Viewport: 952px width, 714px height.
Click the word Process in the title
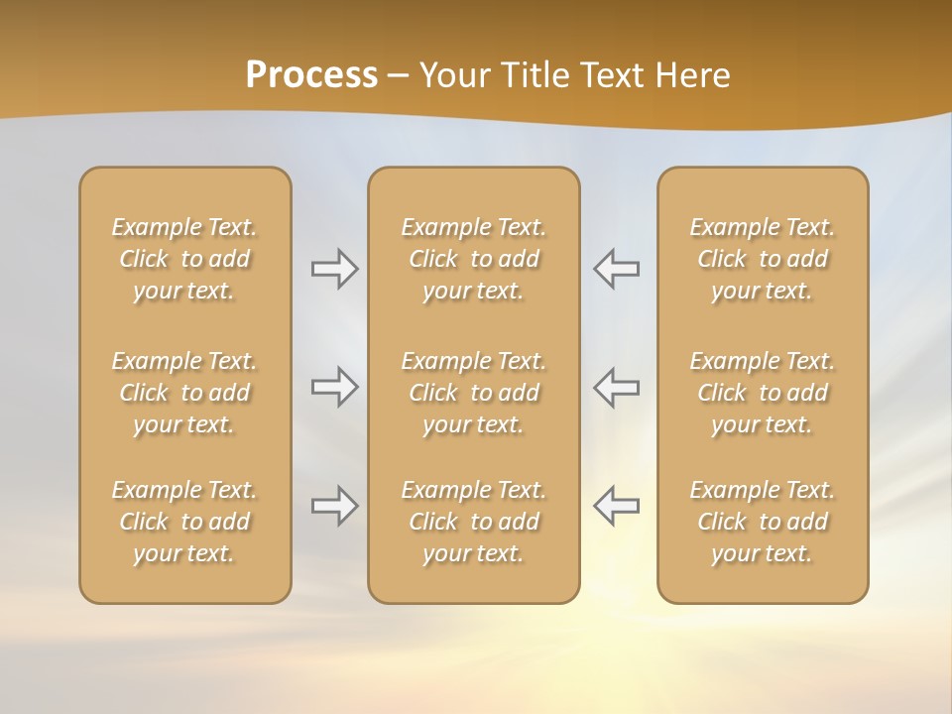tap(311, 75)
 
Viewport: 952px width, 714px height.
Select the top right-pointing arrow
tap(334, 269)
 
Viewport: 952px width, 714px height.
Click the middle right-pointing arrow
tap(334, 387)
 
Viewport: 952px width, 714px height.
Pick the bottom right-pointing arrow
tap(334, 506)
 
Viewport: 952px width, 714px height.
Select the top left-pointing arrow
tap(617, 269)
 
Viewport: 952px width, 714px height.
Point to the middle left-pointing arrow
tap(617, 387)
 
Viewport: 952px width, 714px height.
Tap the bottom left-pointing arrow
tap(617, 506)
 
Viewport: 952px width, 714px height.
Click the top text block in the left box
tap(184, 259)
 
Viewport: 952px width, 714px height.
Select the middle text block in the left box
tap(184, 393)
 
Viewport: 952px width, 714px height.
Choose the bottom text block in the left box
tap(184, 522)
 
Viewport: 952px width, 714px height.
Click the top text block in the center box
tap(473, 259)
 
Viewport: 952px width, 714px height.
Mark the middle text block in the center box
tap(473, 393)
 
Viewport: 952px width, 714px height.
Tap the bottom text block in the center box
tap(473, 522)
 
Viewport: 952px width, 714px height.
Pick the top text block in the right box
tap(762, 259)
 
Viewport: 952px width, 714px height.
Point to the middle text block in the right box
tap(762, 393)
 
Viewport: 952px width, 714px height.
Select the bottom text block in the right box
tap(762, 522)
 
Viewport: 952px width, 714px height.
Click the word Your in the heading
tap(452, 75)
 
